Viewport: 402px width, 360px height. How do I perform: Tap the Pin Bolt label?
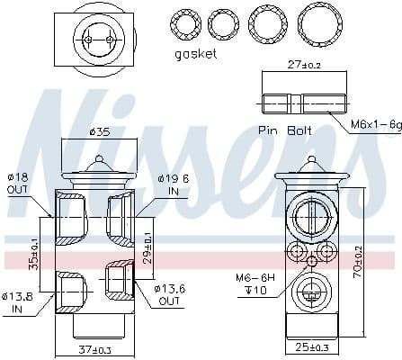(285, 130)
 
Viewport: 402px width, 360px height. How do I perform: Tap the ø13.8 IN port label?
(19, 301)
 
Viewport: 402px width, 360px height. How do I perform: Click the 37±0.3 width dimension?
(96, 349)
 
